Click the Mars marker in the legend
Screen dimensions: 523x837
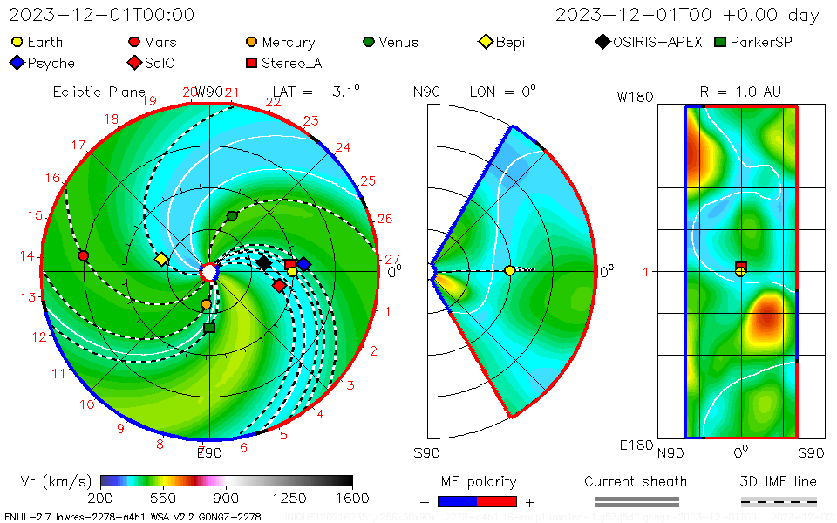click(x=134, y=42)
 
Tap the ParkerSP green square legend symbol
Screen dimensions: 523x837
click(x=720, y=42)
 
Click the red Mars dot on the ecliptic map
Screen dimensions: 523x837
click(x=84, y=255)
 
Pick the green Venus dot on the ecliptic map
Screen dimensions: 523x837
click(x=232, y=215)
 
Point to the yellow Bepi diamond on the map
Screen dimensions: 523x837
click(x=161, y=259)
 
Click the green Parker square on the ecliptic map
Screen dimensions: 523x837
click(x=209, y=328)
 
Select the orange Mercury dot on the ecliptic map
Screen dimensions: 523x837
click(x=206, y=304)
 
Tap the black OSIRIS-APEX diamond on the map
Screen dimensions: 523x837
click(x=264, y=262)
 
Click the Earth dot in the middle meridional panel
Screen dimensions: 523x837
click(x=509, y=271)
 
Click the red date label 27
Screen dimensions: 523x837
click(x=391, y=259)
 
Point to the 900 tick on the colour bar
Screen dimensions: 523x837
click(x=227, y=498)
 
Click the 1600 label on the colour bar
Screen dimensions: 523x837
click(x=352, y=498)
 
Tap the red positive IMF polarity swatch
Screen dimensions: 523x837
click(x=497, y=501)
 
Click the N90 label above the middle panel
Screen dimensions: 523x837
click(x=426, y=92)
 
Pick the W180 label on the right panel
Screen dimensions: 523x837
click(x=635, y=98)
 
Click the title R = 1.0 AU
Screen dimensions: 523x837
click(x=740, y=92)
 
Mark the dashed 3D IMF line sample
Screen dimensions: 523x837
click(x=779, y=501)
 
